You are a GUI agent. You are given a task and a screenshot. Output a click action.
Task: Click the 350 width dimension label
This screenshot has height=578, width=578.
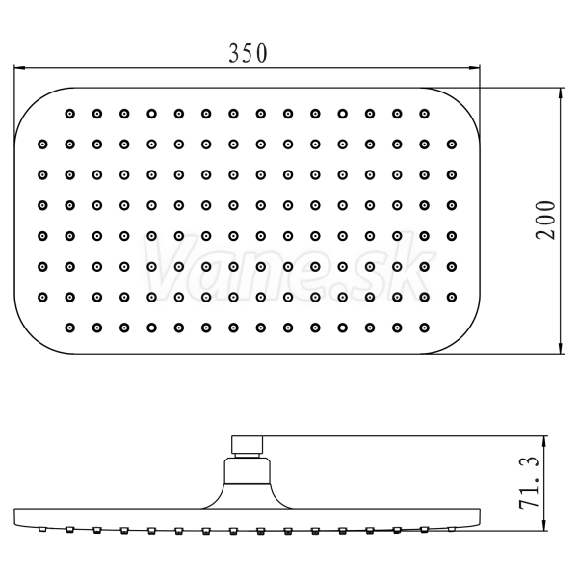point(248,53)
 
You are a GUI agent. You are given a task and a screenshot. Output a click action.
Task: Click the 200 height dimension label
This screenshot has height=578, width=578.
point(545,221)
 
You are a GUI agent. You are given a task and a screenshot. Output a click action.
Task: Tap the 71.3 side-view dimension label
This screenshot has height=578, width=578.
point(529,483)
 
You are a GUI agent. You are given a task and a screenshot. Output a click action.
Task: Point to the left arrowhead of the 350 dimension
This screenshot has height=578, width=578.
point(19,67)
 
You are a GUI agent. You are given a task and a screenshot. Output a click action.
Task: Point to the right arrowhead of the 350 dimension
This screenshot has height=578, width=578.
point(474,67)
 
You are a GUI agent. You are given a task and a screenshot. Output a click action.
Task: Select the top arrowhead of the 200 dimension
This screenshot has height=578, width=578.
point(561,93)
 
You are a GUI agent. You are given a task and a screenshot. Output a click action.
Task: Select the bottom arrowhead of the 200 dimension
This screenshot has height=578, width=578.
point(561,349)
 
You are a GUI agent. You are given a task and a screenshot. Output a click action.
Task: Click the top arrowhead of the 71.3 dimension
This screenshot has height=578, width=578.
point(544,441)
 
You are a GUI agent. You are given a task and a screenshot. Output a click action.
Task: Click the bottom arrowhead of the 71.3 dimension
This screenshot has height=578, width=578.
point(544,525)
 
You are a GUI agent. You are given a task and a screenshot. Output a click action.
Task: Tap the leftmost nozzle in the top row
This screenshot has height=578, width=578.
point(69,114)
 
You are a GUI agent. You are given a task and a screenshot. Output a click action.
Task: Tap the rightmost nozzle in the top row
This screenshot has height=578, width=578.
point(424,114)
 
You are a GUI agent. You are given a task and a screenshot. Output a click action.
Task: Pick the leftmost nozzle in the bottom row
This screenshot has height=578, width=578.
point(69,328)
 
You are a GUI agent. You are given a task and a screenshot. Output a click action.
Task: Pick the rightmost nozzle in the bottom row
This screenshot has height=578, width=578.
point(424,328)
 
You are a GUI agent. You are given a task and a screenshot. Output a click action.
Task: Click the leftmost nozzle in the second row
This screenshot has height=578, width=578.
point(42,144)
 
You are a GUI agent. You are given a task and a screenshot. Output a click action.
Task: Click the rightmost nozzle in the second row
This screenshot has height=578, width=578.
point(452,144)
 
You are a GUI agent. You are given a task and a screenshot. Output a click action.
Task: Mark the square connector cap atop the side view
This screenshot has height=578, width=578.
point(247,444)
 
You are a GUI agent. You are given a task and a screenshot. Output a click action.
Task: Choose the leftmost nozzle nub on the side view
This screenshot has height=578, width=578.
point(42,529)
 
